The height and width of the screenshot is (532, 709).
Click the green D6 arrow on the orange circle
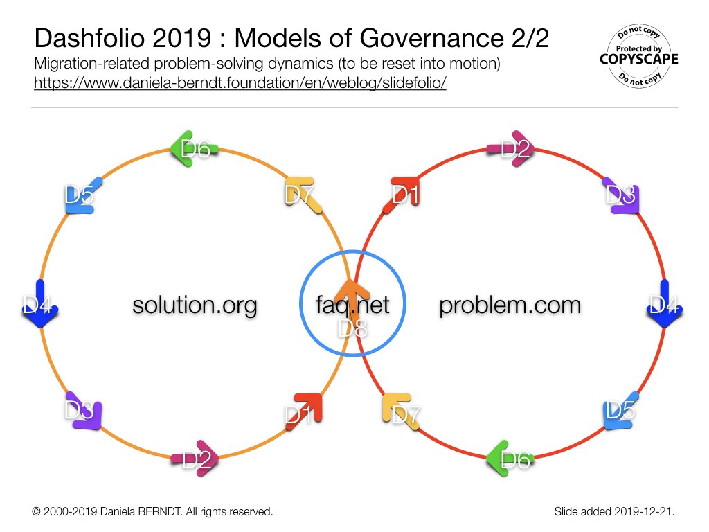pyautogui.click(x=194, y=148)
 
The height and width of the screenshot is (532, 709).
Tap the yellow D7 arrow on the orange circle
pyautogui.click(x=303, y=194)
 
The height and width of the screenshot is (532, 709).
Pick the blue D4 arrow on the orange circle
pyautogui.click(x=40, y=303)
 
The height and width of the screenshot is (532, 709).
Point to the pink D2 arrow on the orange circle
pyautogui.click(x=195, y=459)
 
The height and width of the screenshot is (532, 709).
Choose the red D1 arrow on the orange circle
pyautogui.click(x=305, y=411)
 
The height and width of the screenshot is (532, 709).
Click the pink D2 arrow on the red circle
pyautogui.click(x=511, y=148)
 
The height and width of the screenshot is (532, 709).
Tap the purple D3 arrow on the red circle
pyautogui.click(x=622, y=195)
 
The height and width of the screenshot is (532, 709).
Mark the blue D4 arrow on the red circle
pyautogui.click(x=664, y=303)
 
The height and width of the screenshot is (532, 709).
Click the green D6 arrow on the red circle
pyautogui.click(x=510, y=459)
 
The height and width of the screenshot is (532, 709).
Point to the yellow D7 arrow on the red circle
pyautogui.click(x=401, y=411)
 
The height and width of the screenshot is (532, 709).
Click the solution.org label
pyautogui.click(x=195, y=305)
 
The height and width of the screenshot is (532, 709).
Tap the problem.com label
pyautogui.click(x=510, y=305)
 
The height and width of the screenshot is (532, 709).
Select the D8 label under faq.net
pyautogui.click(x=352, y=329)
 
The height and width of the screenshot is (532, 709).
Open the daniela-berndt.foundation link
pyautogui.click(x=240, y=83)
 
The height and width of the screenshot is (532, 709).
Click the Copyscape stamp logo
pyautogui.click(x=639, y=56)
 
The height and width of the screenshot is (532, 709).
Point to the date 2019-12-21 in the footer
pyautogui.click(x=643, y=512)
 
